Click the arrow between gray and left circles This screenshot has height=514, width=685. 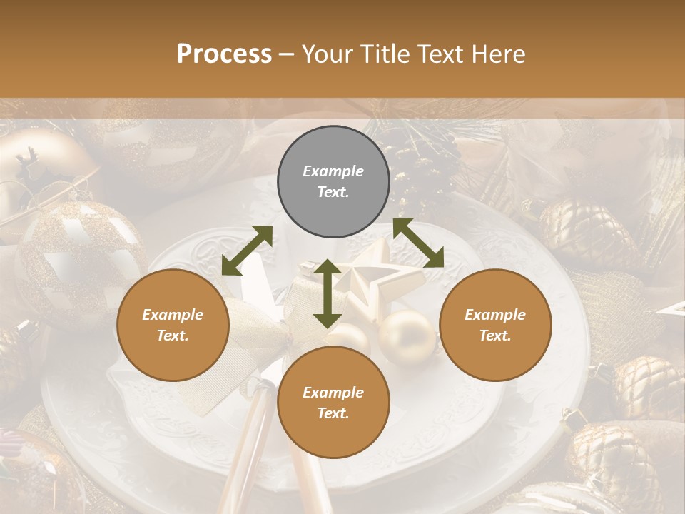click(x=247, y=251)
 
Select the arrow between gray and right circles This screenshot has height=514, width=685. click(x=418, y=243)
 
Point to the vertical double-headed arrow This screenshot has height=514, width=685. click(x=327, y=293)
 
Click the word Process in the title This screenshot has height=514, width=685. click(x=224, y=54)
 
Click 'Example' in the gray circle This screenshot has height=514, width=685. click(x=333, y=171)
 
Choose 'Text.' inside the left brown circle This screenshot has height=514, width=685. click(x=173, y=336)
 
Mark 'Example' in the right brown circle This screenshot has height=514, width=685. click(x=495, y=315)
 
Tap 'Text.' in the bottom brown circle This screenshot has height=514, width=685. click(x=333, y=413)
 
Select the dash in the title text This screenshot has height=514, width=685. click(x=287, y=54)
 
